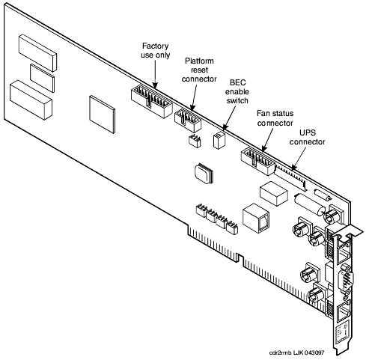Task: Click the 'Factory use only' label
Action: pyautogui.click(x=156, y=50)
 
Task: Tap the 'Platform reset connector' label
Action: pyautogui.click(x=199, y=70)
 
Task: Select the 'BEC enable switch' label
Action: pyautogui.click(x=237, y=91)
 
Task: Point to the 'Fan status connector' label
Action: pyautogui.click(x=275, y=118)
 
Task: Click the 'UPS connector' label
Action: pyautogui.click(x=308, y=137)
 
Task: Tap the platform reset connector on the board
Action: pyautogui.click(x=188, y=120)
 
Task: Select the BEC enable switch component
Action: pyautogui.click(x=219, y=140)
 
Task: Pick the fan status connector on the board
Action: pyautogui.click(x=258, y=162)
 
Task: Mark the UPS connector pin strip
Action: pyautogui.click(x=291, y=177)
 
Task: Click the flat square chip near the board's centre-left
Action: pyautogui.click(x=103, y=115)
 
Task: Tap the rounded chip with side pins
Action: pyautogui.click(x=204, y=174)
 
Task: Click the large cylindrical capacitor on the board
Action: pyautogui.click(x=310, y=204)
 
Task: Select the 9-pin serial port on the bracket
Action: pyautogui.click(x=346, y=278)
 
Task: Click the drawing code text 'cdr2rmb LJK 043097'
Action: pyautogui.click(x=297, y=353)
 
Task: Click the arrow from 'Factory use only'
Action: pyautogui.click(x=155, y=74)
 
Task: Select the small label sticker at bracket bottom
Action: pyautogui.click(x=343, y=332)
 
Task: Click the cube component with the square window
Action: pyautogui.click(x=256, y=219)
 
